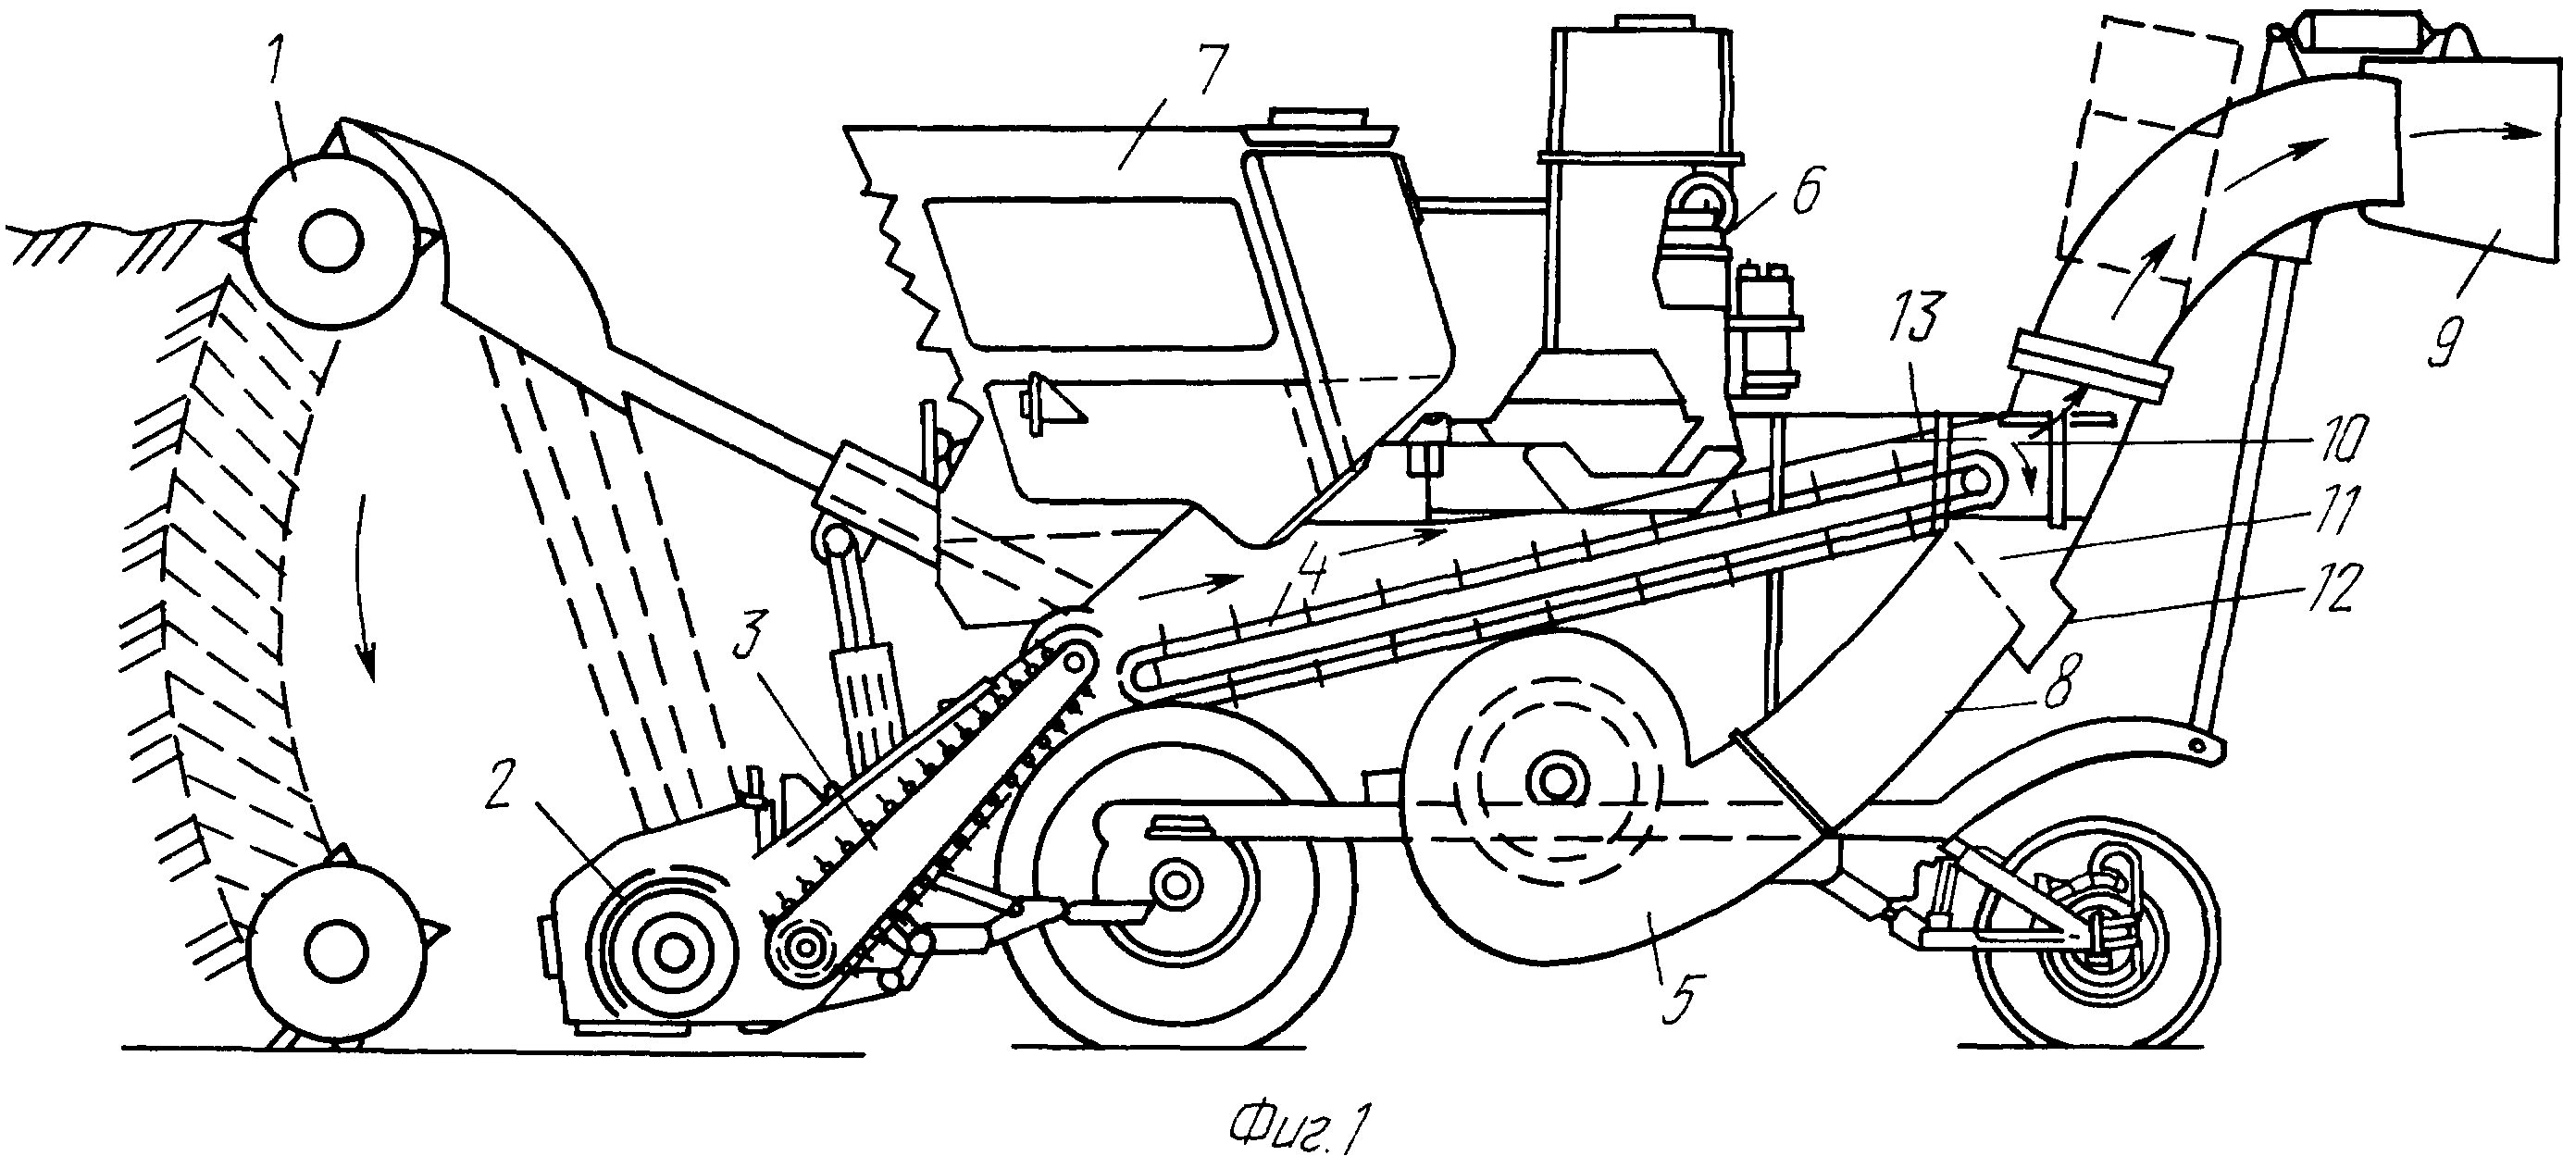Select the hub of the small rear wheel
pos(2097,936)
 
